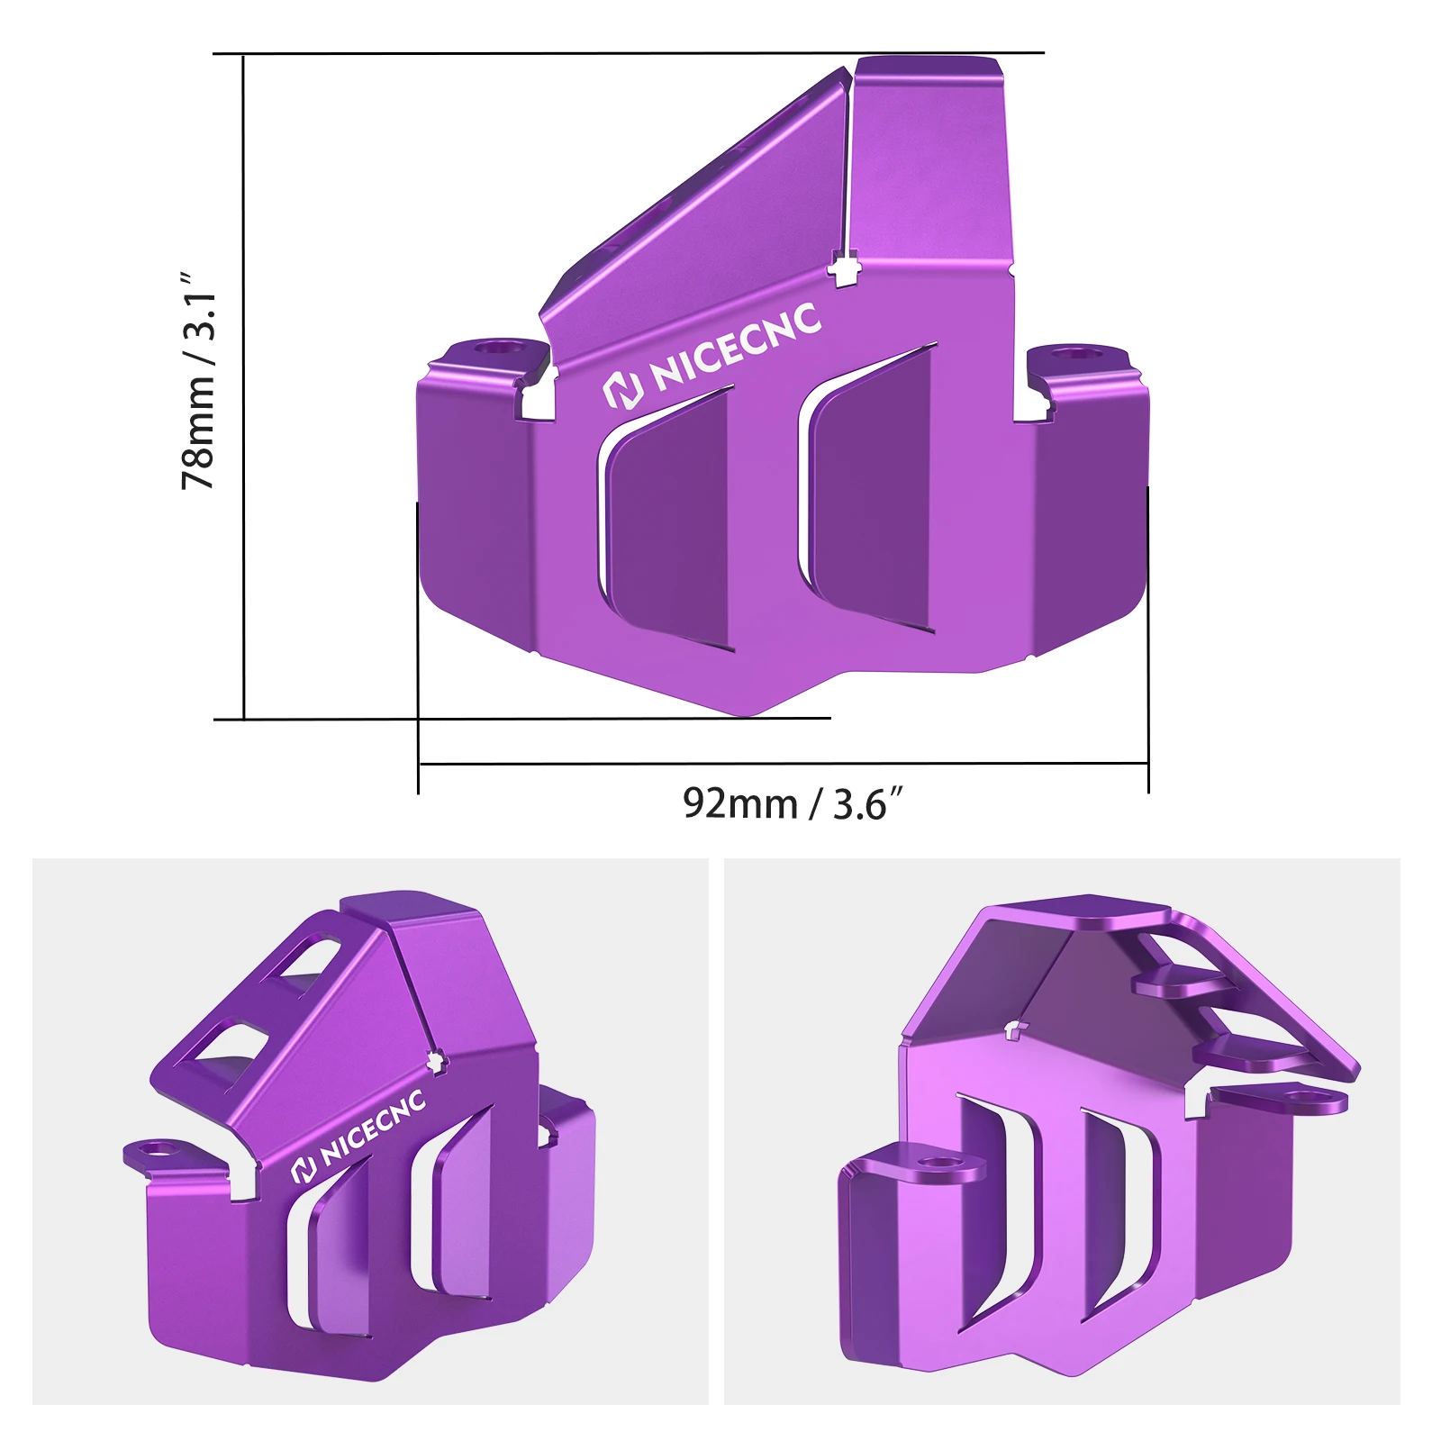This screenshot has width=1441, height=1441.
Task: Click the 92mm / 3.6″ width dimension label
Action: coord(792,803)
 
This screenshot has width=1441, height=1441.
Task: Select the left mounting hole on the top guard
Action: coord(493,347)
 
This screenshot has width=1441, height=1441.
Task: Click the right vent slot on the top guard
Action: coord(870,491)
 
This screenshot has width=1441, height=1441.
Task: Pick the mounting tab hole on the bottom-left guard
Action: coord(160,1149)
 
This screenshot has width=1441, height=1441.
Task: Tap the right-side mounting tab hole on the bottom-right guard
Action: coord(1298,1096)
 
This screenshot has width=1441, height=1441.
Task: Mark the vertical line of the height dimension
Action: coord(244,387)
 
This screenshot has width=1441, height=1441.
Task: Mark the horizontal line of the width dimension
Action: coord(784,764)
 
